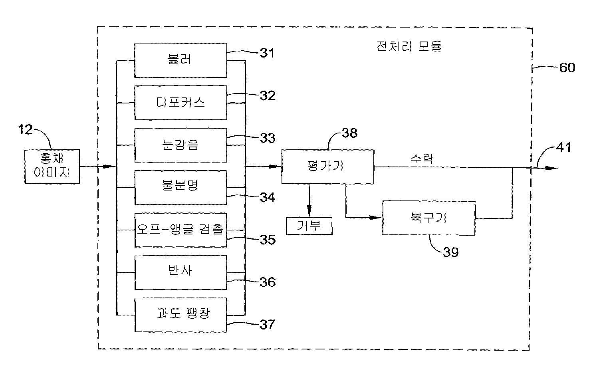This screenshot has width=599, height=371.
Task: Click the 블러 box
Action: (x=180, y=60)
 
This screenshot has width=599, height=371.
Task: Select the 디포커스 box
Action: (x=180, y=103)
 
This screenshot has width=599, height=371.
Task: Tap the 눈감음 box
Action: (x=180, y=145)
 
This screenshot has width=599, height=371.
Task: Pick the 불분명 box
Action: (x=180, y=187)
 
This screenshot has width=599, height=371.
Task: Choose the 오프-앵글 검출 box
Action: (x=180, y=230)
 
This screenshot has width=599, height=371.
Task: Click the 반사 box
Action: (x=180, y=272)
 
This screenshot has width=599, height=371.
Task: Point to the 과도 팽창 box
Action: (x=180, y=314)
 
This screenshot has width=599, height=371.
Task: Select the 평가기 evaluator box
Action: (x=327, y=167)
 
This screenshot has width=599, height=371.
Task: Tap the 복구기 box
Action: (x=428, y=218)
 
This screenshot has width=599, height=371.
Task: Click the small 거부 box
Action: (x=309, y=226)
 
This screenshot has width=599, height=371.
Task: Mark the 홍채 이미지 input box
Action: (x=52, y=167)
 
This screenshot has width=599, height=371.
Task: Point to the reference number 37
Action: (x=267, y=324)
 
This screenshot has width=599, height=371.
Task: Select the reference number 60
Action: (x=567, y=68)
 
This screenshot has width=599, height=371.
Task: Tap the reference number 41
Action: (x=563, y=148)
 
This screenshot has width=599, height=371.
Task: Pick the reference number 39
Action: (x=450, y=252)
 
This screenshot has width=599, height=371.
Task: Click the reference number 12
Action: (x=26, y=130)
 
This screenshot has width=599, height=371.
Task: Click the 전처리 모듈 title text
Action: (x=409, y=47)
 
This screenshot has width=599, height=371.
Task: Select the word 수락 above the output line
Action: (x=422, y=159)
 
